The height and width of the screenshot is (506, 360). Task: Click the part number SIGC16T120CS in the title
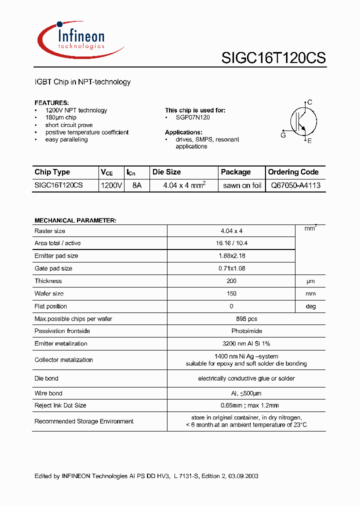click(273, 58)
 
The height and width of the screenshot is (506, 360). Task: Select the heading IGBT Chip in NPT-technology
click(82, 82)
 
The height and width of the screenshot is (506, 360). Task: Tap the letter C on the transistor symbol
click(310, 102)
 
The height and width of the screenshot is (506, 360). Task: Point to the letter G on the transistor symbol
click(283, 135)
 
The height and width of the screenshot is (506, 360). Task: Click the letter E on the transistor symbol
click(309, 141)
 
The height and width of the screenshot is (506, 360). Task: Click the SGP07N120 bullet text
click(192, 117)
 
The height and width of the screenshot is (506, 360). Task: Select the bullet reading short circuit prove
click(68, 125)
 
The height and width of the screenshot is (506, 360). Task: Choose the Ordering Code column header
click(293, 172)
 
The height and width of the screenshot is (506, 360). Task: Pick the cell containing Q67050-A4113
click(295, 185)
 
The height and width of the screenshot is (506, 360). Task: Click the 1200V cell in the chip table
click(111, 185)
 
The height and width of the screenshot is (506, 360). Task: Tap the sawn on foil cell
click(242, 185)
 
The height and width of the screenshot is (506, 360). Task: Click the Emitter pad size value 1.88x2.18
click(231, 256)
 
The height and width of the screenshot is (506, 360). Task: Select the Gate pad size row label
click(53, 268)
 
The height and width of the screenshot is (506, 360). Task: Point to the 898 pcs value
click(231, 319)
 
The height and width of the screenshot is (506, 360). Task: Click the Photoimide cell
click(231, 331)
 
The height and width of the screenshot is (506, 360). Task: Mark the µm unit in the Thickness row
click(310, 281)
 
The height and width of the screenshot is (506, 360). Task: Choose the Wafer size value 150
click(231, 294)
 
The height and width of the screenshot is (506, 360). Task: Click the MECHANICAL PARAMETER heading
click(75, 220)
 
